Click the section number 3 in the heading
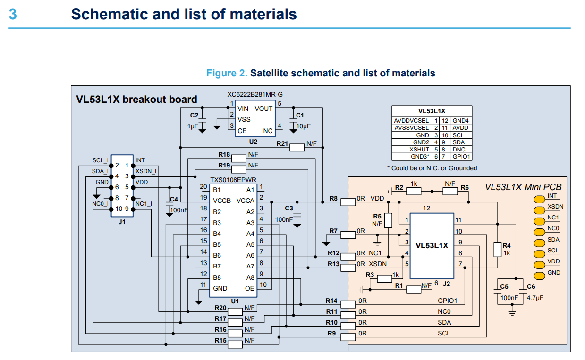pyautogui.click(x=13, y=15)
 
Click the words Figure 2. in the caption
pyautogui.click(x=227, y=73)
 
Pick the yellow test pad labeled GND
pyautogui.click(x=539, y=276)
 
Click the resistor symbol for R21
pyautogui.click(x=297, y=147)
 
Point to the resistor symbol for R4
pyautogui.click(x=497, y=249)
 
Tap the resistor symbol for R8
pyautogui.click(x=348, y=202)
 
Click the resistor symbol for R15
pyautogui.click(x=235, y=344)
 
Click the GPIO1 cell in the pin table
pyautogui.click(x=461, y=156)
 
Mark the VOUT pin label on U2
pyautogui.click(x=263, y=109)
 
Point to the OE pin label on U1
pyautogui.click(x=249, y=288)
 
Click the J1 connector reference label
pyautogui.click(x=122, y=222)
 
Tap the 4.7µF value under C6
pyautogui.click(x=535, y=298)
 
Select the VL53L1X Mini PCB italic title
pyautogui.click(x=523, y=187)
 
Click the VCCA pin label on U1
pyautogui.click(x=246, y=201)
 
